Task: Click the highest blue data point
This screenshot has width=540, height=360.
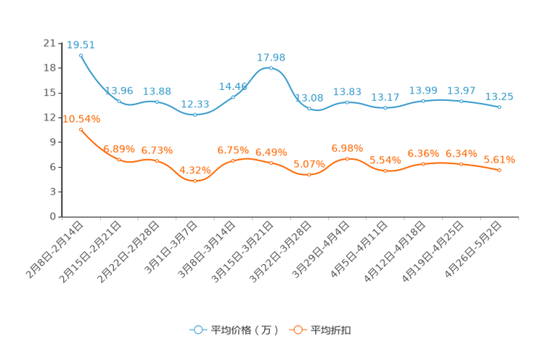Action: click(81, 54)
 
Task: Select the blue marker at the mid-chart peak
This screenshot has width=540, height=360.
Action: click(271, 67)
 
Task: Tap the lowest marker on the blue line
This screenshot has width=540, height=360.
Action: click(195, 115)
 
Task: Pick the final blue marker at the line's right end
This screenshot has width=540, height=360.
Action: click(499, 107)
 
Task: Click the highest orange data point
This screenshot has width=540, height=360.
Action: click(81, 128)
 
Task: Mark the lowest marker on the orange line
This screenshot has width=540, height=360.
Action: click(195, 180)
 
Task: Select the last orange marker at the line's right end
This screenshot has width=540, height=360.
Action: click(499, 170)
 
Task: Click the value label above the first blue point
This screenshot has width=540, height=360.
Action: click(81, 44)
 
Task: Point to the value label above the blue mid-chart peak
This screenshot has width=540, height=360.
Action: click(271, 57)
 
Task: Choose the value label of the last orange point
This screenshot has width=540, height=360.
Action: click(499, 159)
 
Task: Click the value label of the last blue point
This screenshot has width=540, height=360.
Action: click(499, 97)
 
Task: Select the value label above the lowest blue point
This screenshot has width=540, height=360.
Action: click(195, 105)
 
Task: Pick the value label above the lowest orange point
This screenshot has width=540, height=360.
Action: click(195, 170)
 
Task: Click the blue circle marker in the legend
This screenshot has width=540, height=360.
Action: click(197, 330)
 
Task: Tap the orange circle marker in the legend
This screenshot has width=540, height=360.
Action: click(297, 330)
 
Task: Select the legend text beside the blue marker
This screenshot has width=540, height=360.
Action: click(245, 330)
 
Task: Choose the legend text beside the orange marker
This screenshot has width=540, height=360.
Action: click(332, 330)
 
